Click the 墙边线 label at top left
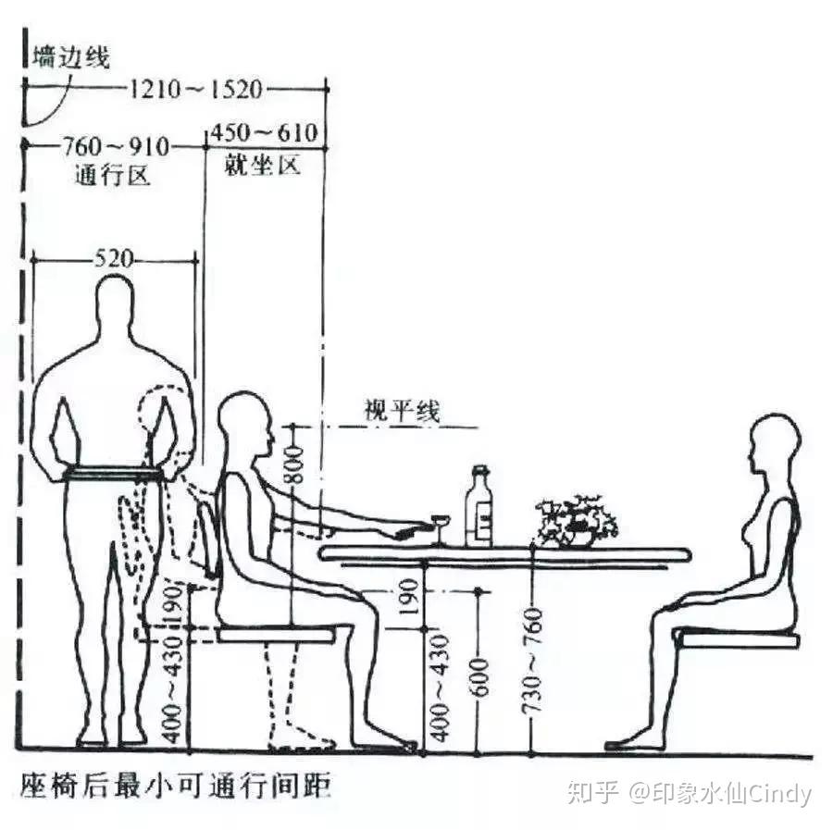click(x=70, y=57)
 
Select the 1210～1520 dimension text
click(x=196, y=90)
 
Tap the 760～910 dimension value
click(x=116, y=146)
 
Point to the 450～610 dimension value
click(x=264, y=134)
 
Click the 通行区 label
click(x=111, y=176)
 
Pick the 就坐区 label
click(x=263, y=167)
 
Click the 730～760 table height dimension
click(x=532, y=666)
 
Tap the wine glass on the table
click(x=440, y=529)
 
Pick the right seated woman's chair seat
click(x=737, y=638)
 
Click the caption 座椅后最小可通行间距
click(x=176, y=787)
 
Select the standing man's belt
click(x=114, y=475)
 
